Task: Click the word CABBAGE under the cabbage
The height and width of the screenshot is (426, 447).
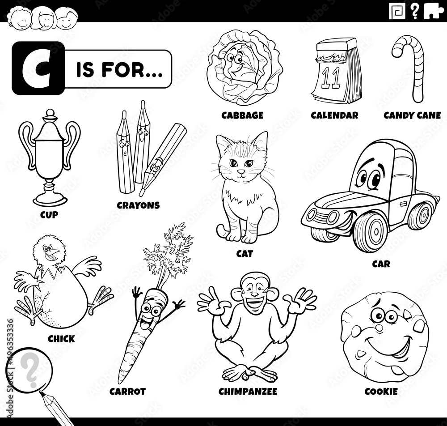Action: pyautogui.click(x=242, y=115)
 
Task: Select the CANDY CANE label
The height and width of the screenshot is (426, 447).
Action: pyautogui.click(x=412, y=115)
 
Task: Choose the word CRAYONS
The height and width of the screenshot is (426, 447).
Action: pyautogui.click(x=138, y=205)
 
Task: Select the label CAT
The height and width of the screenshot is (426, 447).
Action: pyautogui.click(x=245, y=254)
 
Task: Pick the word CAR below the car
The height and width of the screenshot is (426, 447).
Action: pyautogui.click(x=381, y=264)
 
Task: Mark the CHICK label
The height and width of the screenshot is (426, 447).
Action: pyautogui.click(x=61, y=339)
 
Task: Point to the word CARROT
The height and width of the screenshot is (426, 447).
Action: pyautogui.click(x=127, y=392)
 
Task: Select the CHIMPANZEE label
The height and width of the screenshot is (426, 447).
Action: pyautogui.click(x=248, y=392)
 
